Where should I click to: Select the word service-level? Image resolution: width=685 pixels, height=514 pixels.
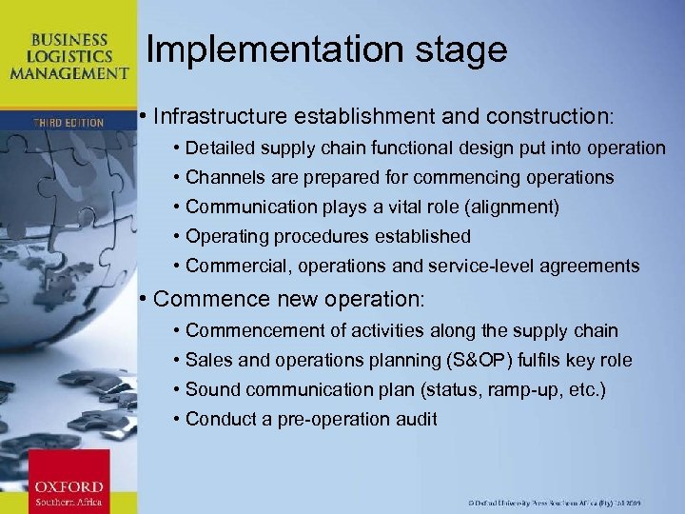pyautogui.click(x=494, y=266)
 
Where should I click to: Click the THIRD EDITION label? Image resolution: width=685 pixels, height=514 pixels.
pyautogui.click(x=68, y=122)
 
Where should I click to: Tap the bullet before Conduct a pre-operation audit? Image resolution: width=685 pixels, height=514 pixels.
pyautogui.click(x=177, y=419)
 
